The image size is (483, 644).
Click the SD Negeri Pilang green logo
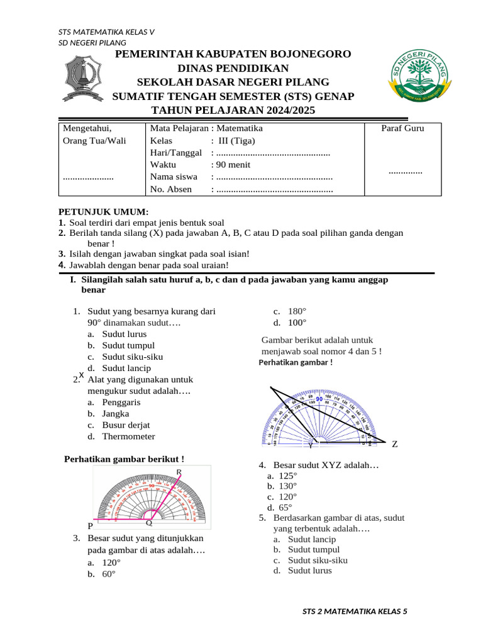[x=418, y=81]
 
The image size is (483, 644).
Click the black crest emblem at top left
[x=83, y=80]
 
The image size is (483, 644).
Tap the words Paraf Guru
[x=402, y=128]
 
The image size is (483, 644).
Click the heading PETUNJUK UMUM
[x=103, y=212]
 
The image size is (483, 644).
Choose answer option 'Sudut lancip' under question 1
[x=126, y=368]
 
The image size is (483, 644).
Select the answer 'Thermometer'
[x=128, y=436]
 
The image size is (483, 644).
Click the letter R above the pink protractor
[x=179, y=471]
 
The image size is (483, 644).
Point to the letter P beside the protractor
[x=91, y=525]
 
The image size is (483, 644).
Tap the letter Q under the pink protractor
[x=149, y=523]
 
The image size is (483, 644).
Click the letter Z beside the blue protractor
[x=394, y=444]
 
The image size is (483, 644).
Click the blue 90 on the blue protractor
[x=319, y=399]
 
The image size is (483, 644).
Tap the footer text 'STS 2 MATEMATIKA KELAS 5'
[x=355, y=611]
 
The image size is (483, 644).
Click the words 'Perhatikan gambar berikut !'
[x=125, y=458]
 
